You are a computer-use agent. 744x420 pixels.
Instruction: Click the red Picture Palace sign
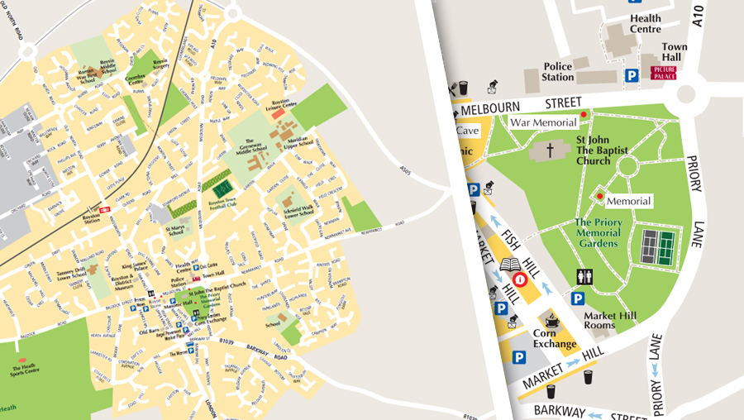(x=664, y=74)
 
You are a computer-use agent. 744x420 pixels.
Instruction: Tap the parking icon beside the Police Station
(x=632, y=75)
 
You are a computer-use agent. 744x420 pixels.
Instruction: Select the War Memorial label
(x=542, y=122)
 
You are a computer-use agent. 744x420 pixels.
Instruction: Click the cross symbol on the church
(x=552, y=151)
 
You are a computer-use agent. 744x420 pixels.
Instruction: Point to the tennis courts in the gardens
(x=657, y=246)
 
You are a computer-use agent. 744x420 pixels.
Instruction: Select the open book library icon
(x=510, y=266)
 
